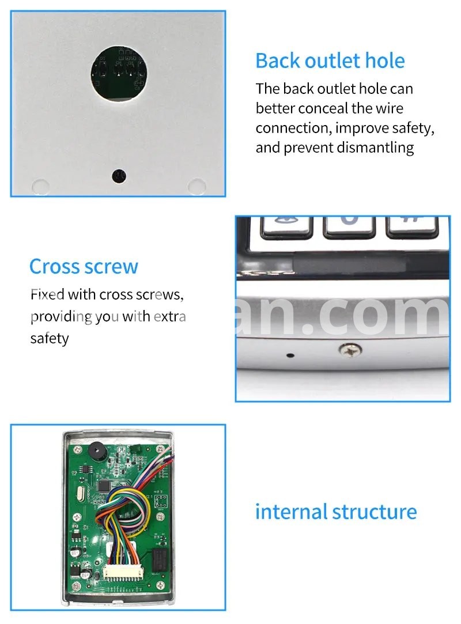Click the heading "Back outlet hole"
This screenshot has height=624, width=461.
point(330,61)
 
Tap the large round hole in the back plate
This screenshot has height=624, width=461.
point(119,73)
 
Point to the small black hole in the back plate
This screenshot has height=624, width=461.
point(119,176)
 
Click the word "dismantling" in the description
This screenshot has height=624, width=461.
point(375,148)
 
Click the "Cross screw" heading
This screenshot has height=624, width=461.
point(84,267)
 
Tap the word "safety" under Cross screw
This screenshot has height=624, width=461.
point(50,339)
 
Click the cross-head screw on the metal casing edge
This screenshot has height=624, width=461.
point(350,350)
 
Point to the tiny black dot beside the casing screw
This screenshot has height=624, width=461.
point(290,355)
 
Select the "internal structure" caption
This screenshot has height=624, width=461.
point(336,512)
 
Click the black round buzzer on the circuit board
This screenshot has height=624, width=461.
point(96,451)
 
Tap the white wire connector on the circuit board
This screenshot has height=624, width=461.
point(122,573)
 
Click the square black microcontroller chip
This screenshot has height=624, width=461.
point(105,485)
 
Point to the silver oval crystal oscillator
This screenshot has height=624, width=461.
point(79,495)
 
